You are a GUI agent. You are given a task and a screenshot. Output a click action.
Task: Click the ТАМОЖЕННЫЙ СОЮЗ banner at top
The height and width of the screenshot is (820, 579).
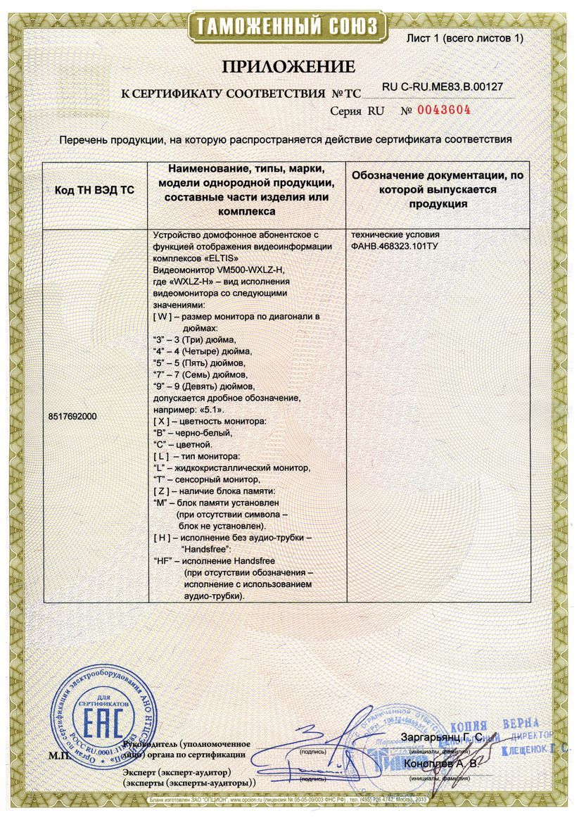[x=288, y=27]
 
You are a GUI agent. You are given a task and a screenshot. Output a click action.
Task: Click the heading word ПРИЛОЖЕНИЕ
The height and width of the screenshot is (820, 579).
[x=288, y=68]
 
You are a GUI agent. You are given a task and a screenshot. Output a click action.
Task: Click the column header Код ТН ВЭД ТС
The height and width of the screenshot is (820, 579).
[x=94, y=190]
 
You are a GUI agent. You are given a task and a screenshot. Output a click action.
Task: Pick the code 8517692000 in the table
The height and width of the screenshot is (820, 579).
[x=73, y=417]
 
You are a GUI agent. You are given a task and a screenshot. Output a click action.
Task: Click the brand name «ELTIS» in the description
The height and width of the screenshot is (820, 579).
[x=205, y=258]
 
